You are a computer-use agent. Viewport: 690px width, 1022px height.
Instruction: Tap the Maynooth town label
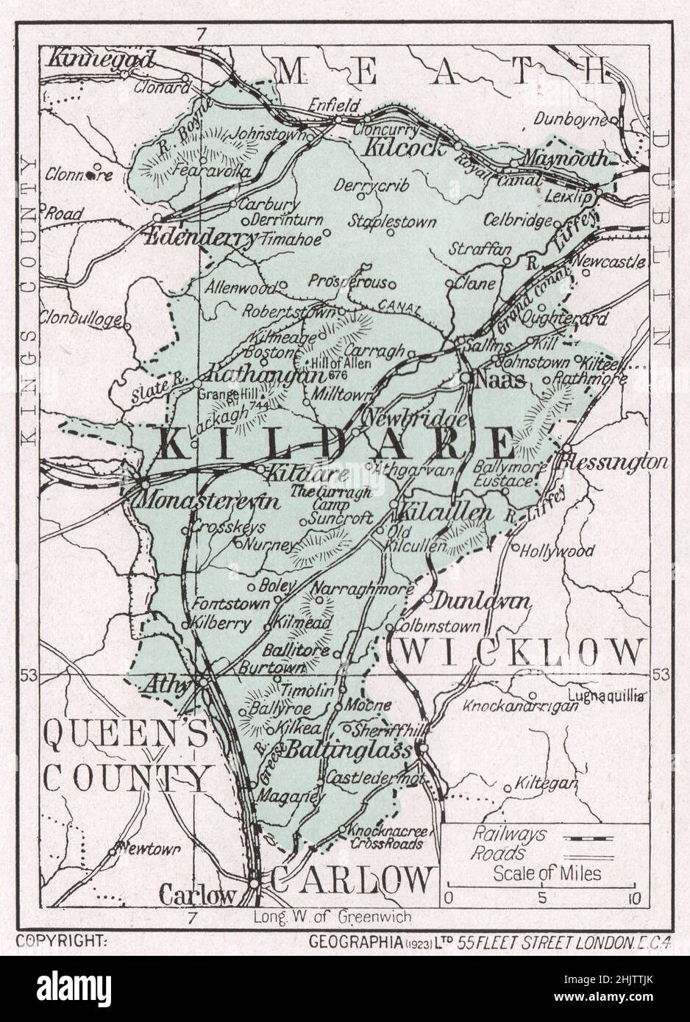tap(563, 158)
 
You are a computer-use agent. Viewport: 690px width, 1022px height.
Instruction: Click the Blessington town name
tap(614, 462)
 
